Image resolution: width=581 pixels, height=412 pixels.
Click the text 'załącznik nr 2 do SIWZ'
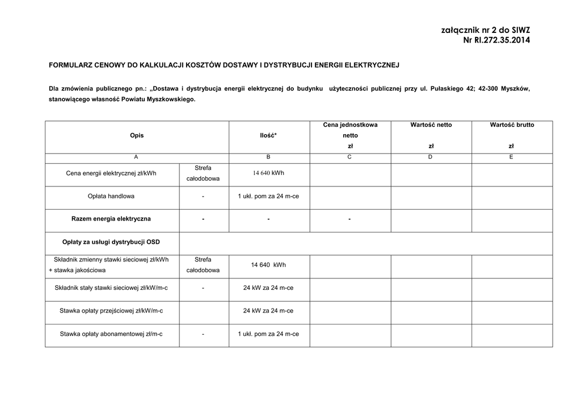[485, 30]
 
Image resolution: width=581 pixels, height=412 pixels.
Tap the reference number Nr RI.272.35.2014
[496, 40]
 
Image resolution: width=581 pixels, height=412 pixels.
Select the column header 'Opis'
[137, 136]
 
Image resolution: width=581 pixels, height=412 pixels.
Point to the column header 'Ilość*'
[268, 136]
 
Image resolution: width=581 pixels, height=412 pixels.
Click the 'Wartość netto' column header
[431, 125]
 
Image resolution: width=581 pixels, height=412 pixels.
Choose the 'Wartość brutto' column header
[512, 125]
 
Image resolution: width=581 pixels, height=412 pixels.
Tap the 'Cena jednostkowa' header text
[350, 125]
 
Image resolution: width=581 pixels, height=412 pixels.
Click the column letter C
[350, 157]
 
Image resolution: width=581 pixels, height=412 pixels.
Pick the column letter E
[512, 157]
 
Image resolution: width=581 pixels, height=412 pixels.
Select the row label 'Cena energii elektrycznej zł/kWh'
[111, 173]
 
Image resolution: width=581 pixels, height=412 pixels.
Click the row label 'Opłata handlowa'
[111, 196]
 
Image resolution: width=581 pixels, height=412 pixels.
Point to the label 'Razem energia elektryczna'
[111, 219]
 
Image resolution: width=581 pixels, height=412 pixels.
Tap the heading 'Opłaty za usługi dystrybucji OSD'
[111, 242]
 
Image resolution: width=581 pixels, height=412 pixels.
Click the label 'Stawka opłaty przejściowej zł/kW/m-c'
[111, 311]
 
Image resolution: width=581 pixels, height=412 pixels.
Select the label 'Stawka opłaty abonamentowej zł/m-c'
[111, 334]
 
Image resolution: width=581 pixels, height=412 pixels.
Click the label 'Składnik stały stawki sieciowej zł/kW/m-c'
[111, 288]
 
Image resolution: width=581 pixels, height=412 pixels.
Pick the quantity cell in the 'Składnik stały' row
[268, 288]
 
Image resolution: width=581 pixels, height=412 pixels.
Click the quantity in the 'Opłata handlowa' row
[268, 196]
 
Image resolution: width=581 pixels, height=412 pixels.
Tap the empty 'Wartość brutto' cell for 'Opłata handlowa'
[512, 197]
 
